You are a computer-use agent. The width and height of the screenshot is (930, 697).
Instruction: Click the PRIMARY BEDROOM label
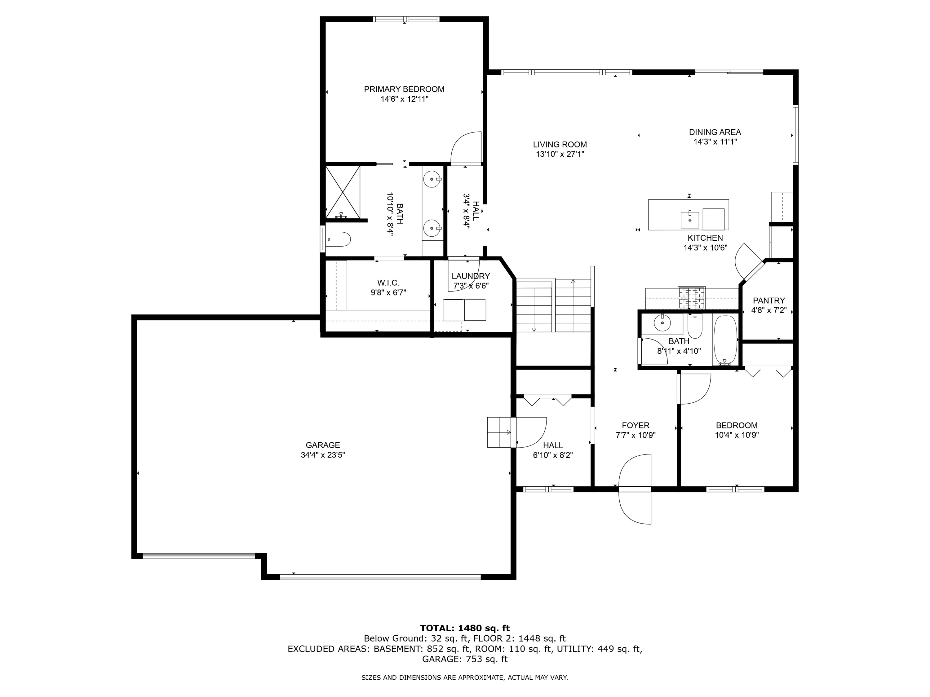[404, 89]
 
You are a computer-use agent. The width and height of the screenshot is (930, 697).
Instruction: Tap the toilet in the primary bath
[339, 239]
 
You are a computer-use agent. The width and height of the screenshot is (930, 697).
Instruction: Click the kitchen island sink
[689, 220]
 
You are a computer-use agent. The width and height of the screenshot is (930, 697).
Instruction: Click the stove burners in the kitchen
[691, 297]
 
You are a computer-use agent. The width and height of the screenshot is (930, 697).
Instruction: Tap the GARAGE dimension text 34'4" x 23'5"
[323, 454]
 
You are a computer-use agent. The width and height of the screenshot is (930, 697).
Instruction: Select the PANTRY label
[769, 300]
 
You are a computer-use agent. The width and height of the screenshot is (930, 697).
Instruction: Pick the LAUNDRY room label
[471, 276]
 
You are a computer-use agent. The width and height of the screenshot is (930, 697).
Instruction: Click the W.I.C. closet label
[388, 283]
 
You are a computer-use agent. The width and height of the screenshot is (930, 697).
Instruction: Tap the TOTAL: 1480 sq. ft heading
[465, 628]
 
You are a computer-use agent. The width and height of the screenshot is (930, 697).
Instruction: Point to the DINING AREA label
[715, 132]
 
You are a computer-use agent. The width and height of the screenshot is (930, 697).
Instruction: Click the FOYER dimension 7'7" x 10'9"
[636, 435]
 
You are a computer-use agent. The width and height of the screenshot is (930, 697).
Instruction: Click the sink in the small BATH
[662, 323]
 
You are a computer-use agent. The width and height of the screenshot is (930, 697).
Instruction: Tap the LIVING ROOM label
[560, 145]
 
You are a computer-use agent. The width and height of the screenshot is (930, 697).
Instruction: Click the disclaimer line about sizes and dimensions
[465, 677]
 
